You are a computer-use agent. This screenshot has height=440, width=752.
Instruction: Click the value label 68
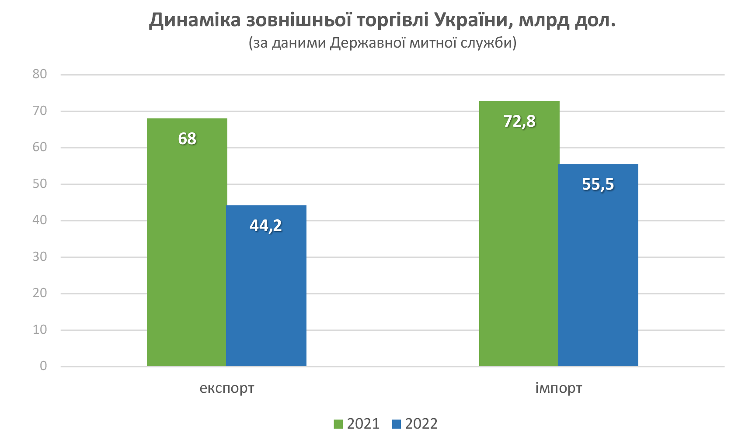pyautogui.click(x=187, y=139)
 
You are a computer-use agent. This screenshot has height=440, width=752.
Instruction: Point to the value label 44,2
pyautogui.click(x=265, y=226)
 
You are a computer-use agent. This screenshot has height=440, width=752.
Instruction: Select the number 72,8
pyautogui.click(x=519, y=121)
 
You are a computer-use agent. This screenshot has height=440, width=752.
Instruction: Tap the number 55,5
pyautogui.click(x=598, y=184)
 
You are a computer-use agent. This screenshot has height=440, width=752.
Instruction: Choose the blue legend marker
pyautogui.click(x=394, y=411)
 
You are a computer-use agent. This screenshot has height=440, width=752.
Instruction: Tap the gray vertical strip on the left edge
pyautogui.click(x=43, y=218)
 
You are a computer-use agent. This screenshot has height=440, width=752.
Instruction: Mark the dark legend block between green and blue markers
pyautogui.click(x=365, y=411)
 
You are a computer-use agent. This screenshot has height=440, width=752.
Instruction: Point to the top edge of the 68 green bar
pyautogui.click(x=187, y=116)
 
